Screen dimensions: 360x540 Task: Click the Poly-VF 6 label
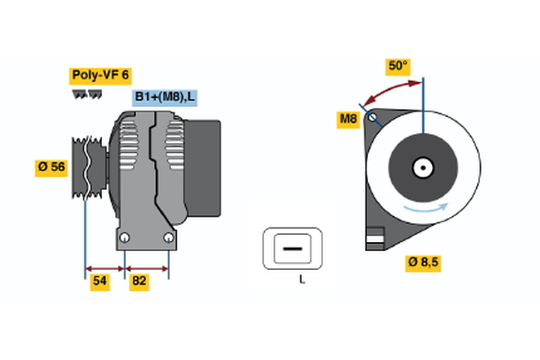coord(101,76)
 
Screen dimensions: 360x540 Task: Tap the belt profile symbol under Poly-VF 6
coord(86,94)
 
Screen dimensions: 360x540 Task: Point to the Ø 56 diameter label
coord(51,166)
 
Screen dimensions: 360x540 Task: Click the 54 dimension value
coord(101,282)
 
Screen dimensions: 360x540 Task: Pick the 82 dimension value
coord(139,282)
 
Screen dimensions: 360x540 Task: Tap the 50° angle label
coord(398,66)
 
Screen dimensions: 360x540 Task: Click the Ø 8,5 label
coord(424,263)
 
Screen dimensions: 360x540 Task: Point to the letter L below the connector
coord(303,279)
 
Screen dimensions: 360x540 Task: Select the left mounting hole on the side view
coord(125,238)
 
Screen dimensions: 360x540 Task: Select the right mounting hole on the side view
coord(168,238)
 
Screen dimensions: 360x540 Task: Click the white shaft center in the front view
coord(423,166)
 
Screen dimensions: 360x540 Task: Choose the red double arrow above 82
coord(147,267)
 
